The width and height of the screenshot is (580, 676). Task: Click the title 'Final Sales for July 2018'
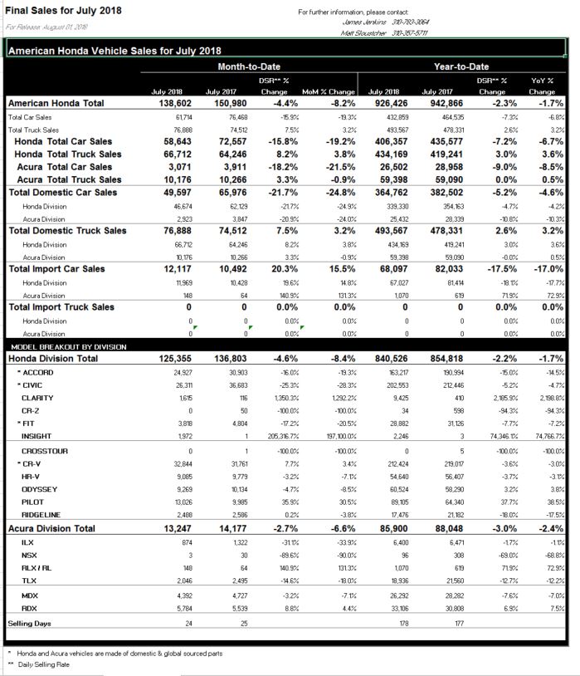(x=64, y=11)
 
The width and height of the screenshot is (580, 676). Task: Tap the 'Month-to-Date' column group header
(x=249, y=66)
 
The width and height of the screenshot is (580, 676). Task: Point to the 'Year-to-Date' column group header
(x=461, y=66)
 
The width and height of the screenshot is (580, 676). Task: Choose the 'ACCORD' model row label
(x=38, y=371)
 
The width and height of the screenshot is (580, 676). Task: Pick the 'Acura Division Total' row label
(x=51, y=528)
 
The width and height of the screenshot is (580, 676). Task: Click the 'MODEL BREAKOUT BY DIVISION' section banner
(x=69, y=345)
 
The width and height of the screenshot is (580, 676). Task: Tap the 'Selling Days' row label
(x=30, y=622)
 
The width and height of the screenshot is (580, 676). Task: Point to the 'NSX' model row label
(x=30, y=555)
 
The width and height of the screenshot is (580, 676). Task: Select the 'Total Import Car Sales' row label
(x=57, y=268)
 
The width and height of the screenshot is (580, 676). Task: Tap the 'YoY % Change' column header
(x=542, y=86)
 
